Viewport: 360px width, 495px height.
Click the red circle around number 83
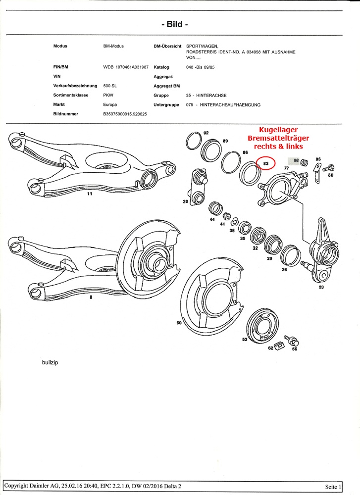(266, 163)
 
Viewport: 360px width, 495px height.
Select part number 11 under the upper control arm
(90, 194)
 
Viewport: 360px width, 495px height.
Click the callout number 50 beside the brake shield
(179, 323)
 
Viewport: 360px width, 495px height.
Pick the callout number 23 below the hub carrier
(321, 287)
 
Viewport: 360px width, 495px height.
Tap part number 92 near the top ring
(206, 133)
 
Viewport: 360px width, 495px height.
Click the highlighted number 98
(296, 160)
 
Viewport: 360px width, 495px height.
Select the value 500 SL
(110, 86)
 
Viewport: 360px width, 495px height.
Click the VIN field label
(57, 77)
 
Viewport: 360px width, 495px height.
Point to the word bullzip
(50, 362)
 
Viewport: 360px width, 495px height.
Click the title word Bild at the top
(174, 24)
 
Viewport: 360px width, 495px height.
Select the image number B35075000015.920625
(125, 114)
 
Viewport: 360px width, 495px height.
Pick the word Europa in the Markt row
(110, 105)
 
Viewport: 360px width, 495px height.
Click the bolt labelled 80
(326, 169)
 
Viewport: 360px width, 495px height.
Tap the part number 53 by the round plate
(244, 340)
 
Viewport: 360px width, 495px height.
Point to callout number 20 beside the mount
(185, 201)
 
